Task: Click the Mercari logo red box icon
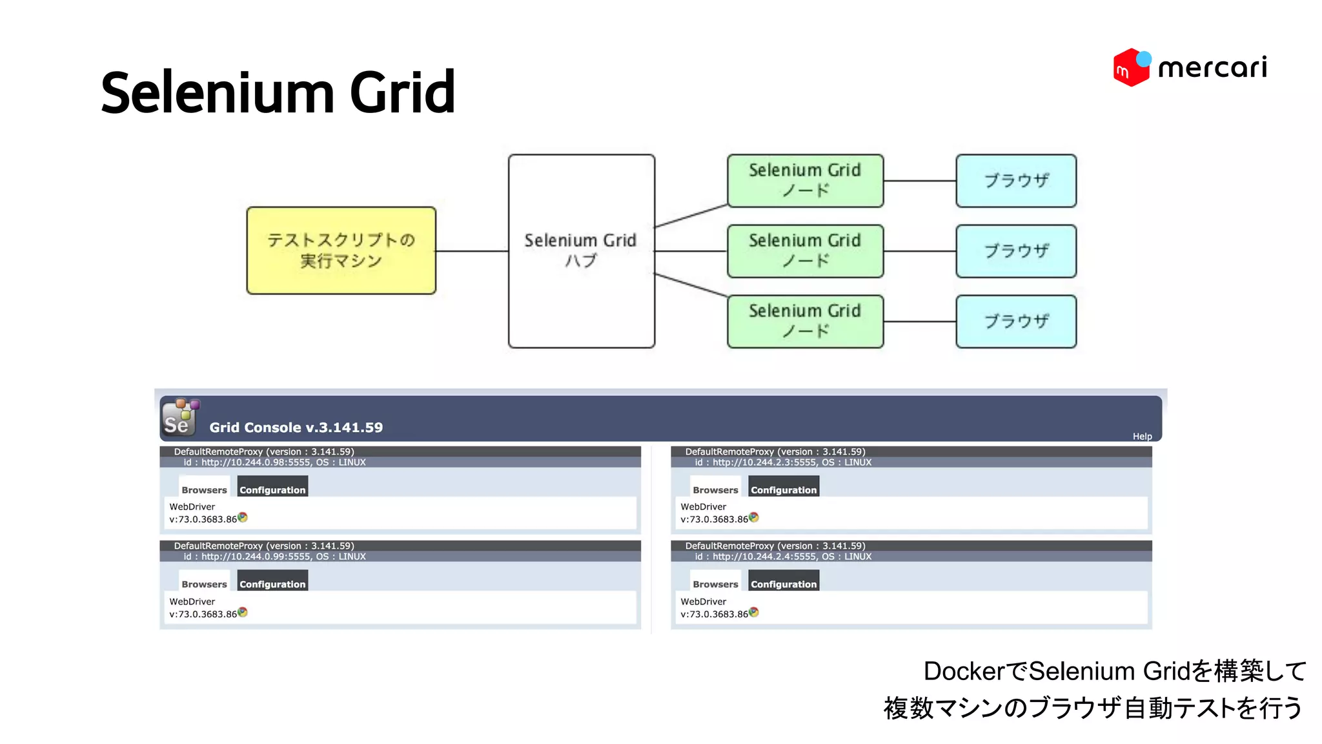tap(1129, 68)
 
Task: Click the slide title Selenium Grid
tap(278, 92)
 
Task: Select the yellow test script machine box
tap(341, 251)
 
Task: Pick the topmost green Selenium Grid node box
tap(804, 180)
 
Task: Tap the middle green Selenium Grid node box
tap(804, 251)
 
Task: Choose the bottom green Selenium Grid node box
tap(804, 321)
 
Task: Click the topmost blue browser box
tap(1015, 180)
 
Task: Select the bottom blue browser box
tap(1015, 321)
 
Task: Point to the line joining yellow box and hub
tap(472, 251)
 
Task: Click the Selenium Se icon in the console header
tap(179, 418)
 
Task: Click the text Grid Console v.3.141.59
tap(296, 428)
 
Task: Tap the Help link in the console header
tap(1141, 437)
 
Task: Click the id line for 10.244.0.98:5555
tap(274, 462)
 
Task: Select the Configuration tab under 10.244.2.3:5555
tap(783, 489)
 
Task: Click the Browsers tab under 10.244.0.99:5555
tap(204, 583)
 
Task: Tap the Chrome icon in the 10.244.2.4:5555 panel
tap(753, 612)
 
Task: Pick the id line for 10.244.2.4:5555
tap(782, 556)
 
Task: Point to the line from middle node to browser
tap(919, 251)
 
